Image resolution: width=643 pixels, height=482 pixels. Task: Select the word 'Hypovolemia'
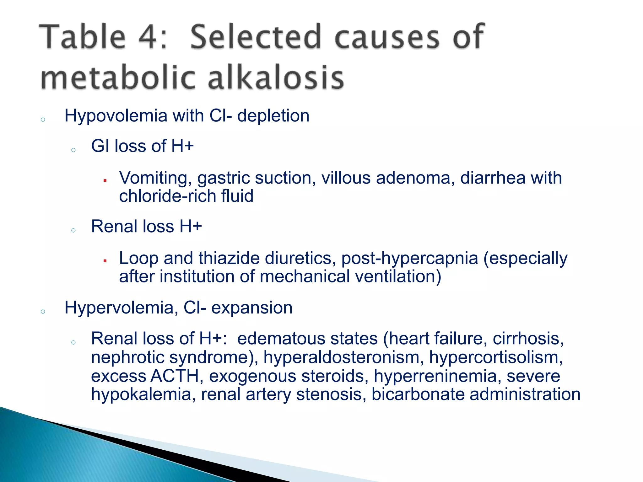(116, 116)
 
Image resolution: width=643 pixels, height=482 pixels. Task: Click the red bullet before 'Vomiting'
(105, 180)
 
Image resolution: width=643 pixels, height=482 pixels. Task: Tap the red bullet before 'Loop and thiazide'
(105, 261)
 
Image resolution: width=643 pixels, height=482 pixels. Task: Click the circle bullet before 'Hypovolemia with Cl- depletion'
(43, 120)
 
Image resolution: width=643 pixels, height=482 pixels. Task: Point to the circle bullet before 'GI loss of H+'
(73, 150)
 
